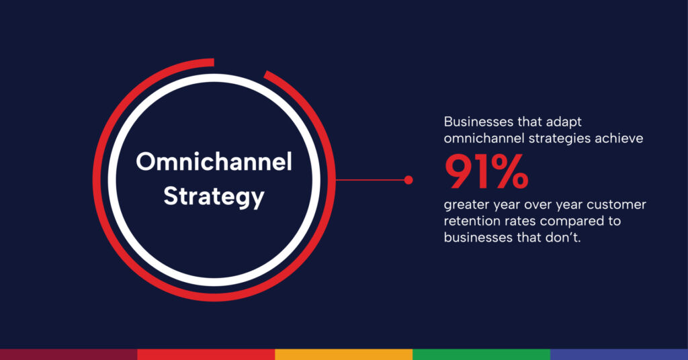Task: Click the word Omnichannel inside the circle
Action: point(214,163)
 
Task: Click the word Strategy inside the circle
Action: point(214,197)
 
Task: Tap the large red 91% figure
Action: point(486,173)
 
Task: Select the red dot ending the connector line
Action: point(408,180)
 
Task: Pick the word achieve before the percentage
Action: point(618,139)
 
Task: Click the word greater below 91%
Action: point(468,205)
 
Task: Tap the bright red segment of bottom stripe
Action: point(206,354)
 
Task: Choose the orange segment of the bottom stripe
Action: point(344,354)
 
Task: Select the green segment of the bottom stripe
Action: point(481,354)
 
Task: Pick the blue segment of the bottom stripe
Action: point(619,354)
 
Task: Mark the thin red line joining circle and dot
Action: point(370,180)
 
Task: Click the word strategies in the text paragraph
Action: point(536,139)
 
